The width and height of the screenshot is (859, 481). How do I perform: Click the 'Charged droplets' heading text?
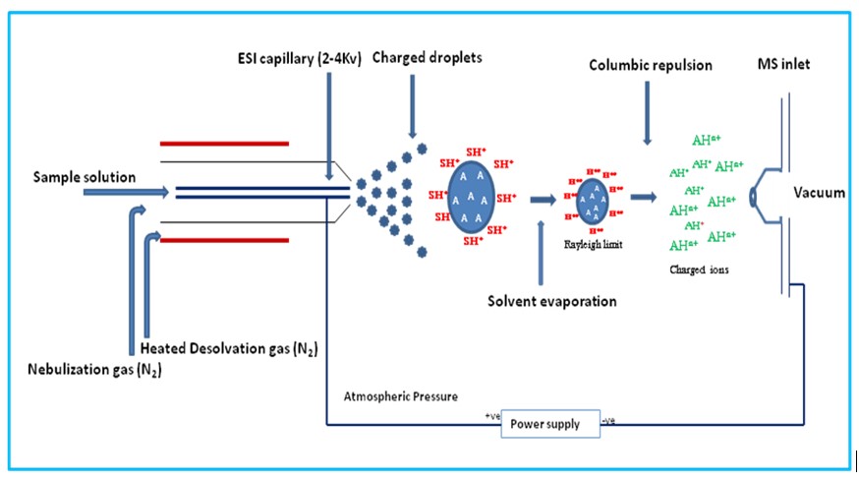click(x=428, y=59)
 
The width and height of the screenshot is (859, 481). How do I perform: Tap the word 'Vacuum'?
click(x=819, y=193)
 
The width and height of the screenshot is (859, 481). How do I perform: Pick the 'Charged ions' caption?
click(x=698, y=268)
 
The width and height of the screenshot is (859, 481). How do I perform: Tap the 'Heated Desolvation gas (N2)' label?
click(x=227, y=349)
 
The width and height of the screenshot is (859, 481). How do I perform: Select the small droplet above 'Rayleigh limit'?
click(x=592, y=199)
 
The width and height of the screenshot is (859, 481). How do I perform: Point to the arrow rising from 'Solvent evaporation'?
click(x=541, y=254)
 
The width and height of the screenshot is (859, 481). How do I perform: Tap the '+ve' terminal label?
click(x=491, y=416)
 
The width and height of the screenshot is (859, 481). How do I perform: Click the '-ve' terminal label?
click(x=607, y=421)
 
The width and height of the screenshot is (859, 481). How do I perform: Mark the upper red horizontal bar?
click(x=224, y=144)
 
